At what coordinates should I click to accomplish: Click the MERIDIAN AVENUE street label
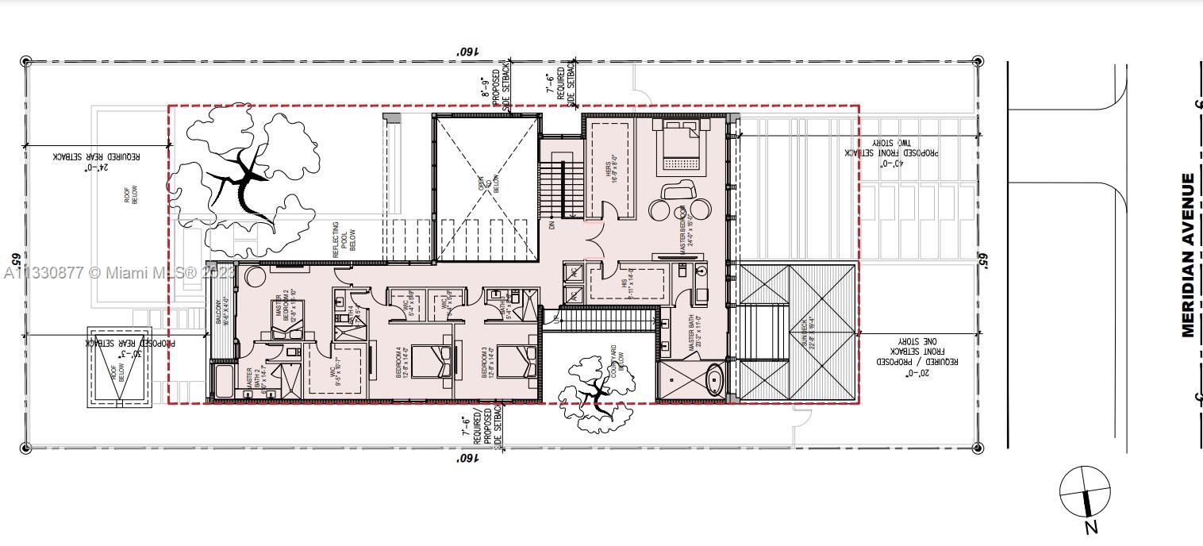coord(1188,256)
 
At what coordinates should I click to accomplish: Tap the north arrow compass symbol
coord(1085,492)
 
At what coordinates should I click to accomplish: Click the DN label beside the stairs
coord(552,225)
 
